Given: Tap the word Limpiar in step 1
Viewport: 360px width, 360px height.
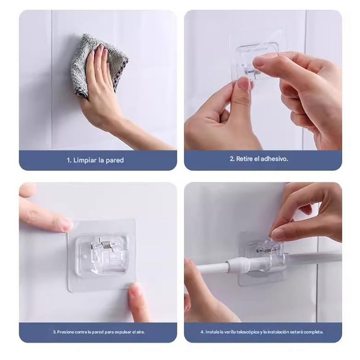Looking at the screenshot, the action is pos(85,160).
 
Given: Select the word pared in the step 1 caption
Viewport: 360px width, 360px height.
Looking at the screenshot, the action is pos(115,160).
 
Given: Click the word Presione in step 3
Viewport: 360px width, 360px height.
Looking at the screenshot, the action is pos(65,332).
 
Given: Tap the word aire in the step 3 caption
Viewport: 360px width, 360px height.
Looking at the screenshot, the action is pos(140,332).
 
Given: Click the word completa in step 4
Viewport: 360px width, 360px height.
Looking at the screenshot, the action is pos(315,332).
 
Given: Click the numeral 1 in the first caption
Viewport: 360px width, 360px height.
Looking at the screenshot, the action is pos(69,160).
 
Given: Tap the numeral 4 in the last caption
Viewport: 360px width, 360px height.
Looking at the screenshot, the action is pos(202,332).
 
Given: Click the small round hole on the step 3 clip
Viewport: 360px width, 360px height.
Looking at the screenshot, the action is pos(85,256).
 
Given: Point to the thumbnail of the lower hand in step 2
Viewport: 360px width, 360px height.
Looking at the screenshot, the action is pos(243,84).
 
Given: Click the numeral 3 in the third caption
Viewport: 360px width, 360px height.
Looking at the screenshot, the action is pos(54,332).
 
